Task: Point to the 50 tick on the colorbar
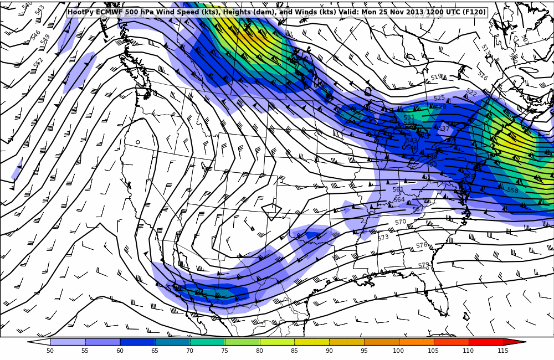[50, 351]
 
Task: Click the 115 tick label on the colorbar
[502, 351]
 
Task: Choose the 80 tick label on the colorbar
[259, 351]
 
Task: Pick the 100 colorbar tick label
[398, 351]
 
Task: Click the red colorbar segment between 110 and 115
[486, 342]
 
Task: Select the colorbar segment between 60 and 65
[137, 342]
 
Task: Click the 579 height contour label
[424, 266]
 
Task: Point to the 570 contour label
[401, 222]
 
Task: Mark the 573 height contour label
[383, 238]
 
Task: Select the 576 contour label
[422, 245]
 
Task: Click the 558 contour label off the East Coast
[512, 191]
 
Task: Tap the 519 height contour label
[436, 78]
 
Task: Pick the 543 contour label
[40, 10]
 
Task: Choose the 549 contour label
[45, 39]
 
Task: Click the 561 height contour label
[398, 189]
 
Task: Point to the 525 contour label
[439, 98]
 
